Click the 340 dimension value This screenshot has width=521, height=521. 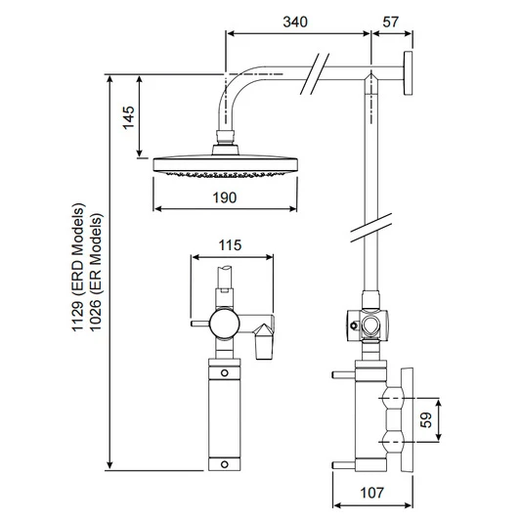pos(295,22)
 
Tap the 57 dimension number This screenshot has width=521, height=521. pos(390,22)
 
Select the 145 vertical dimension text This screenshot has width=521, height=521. pos(129,117)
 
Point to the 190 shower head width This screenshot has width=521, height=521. pos(225,197)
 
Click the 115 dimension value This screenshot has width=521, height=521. pos(230,245)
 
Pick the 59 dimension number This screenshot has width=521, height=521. pos(425,419)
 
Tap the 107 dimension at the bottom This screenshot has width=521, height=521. pos(372,493)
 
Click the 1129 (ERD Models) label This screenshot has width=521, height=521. pos(79,267)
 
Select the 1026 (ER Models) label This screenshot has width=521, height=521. pos(97,272)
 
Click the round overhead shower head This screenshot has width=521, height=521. pos(225,165)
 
